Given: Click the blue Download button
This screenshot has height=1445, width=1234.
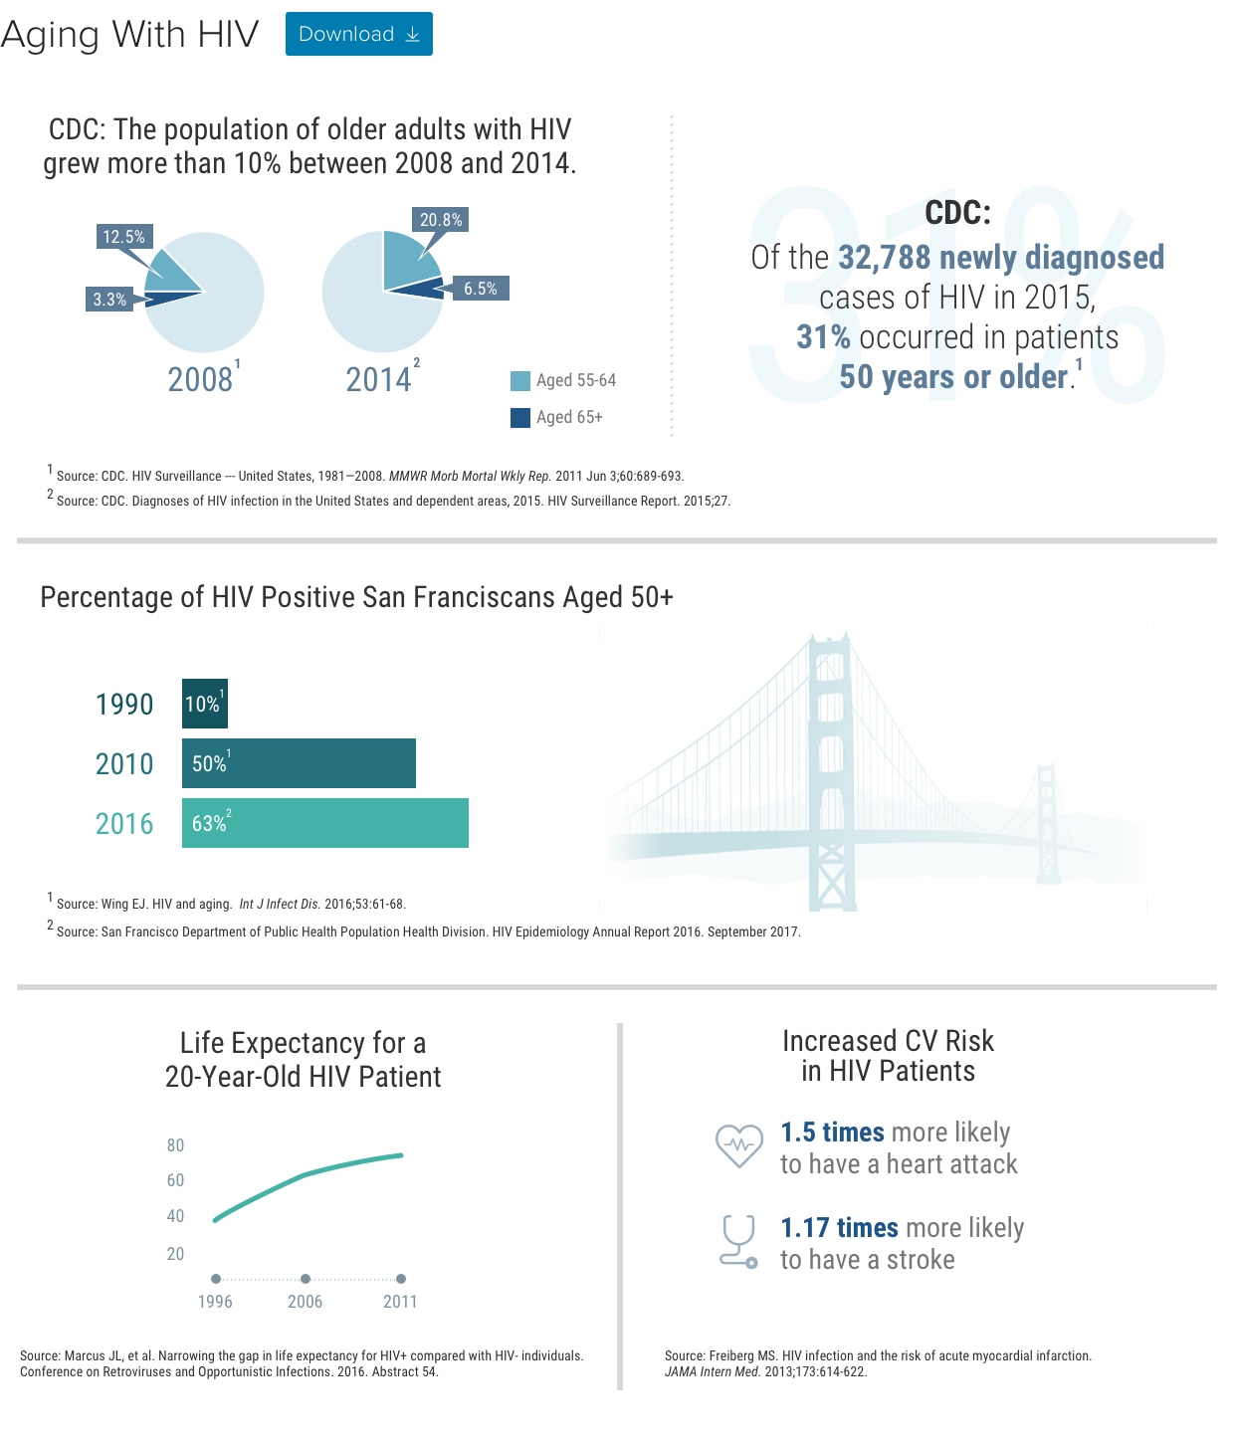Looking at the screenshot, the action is pyautogui.click(x=358, y=34).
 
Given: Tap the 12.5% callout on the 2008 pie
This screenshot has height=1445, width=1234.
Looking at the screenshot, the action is pyautogui.click(x=124, y=236).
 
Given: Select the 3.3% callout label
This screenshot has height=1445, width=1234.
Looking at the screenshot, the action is pyautogui.click(x=109, y=300).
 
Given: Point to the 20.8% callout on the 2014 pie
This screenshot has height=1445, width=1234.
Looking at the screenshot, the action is pyautogui.click(x=441, y=220).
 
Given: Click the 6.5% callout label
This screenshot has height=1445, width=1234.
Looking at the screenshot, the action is pyautogui.click(x=481, y=288).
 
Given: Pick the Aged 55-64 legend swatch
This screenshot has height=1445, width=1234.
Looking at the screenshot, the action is pyautogui.click(x=520, y=381).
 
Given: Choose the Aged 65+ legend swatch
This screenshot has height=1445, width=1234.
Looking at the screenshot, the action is pyautogui.click(x=520, y=417).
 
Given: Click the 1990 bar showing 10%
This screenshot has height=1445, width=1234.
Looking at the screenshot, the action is pyautogui.click(x=205, y=704).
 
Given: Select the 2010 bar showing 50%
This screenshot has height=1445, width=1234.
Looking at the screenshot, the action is pyautogui.click(x=299, y=762).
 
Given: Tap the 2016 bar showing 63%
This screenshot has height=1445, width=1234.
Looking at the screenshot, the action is pyautogui.click(x=325, y=823).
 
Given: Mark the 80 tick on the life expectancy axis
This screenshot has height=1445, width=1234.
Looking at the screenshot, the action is pyautogui.click(x=175, y=1145).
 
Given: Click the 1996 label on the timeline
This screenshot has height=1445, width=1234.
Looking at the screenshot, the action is pyautogui.click(x=215, y=1301).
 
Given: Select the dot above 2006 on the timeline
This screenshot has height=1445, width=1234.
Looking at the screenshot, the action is pyautogui.click(x=306, y=1279).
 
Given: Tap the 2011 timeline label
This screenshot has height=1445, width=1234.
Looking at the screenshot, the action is pyautogui.click(x=400, y=1301).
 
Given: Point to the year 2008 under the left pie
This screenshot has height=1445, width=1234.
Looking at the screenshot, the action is pyautogui.click(x=200, y=379).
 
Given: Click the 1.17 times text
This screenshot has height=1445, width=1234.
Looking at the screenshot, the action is pyautogui.click(x=839, y=1228).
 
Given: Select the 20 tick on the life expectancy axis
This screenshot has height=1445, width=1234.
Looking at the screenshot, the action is pyautogui.click(x=175, y=1254).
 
